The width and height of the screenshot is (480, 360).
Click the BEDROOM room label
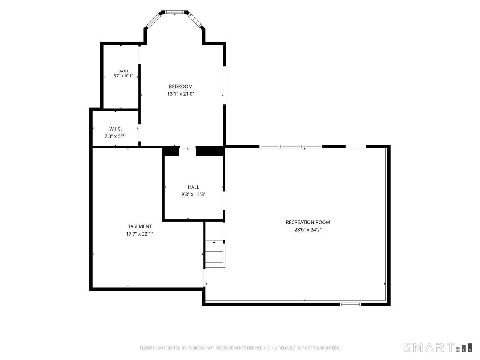180,86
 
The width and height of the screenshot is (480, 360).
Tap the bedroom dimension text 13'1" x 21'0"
181,94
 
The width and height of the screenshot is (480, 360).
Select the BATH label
123,71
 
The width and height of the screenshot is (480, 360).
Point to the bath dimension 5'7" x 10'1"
123,76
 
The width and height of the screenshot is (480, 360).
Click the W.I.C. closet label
115,129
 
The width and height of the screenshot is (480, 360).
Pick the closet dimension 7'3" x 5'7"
115,136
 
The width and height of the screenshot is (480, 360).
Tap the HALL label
193,187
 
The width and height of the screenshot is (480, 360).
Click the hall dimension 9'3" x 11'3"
193,194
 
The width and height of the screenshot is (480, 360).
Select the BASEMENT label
139,226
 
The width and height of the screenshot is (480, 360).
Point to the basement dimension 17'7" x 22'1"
139,234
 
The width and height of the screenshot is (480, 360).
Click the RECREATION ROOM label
308,222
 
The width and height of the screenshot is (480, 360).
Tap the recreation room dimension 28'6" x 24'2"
308,230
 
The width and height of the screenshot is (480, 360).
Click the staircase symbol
214,254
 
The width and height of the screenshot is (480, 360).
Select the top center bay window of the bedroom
174,12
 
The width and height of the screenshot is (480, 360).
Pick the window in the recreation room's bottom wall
350,304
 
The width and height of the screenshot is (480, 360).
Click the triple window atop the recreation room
291,147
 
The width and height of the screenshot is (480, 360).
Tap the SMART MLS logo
438,347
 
